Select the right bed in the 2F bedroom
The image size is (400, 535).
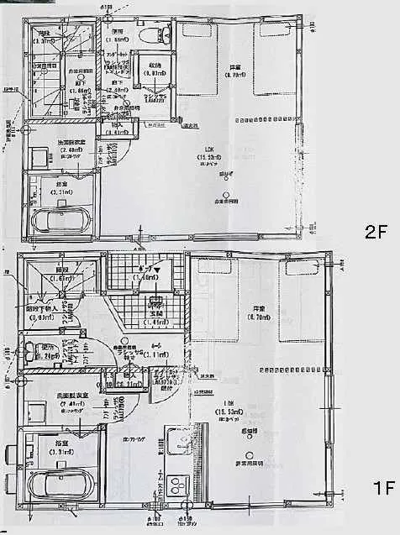point(275,59)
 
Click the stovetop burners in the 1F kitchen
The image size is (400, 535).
point(179,485)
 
